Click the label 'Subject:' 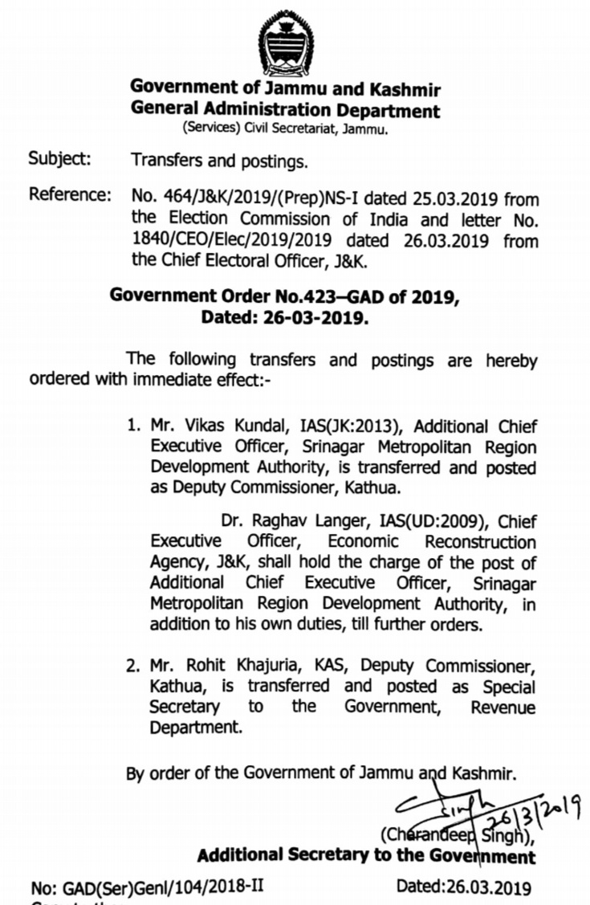tap(59, 158)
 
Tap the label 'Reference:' tap(70, 195)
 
